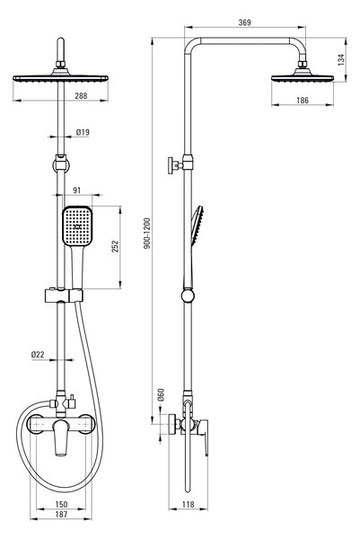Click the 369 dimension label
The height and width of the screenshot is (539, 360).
click(244, 22)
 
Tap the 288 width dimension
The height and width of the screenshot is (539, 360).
click(81, 95)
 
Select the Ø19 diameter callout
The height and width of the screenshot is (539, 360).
click(83, 132)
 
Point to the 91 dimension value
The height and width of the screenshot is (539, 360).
click(77, 190)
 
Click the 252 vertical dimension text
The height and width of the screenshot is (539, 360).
click(115, 246)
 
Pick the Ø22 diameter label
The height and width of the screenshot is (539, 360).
click(38, 355)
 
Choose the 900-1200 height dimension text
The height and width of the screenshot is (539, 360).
click(147, 233)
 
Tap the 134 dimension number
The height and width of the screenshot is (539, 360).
click(341, 59)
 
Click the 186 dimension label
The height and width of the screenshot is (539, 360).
click(303, 100)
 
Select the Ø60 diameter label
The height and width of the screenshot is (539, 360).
click(161, 395)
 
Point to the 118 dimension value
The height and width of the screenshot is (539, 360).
click(188, 504)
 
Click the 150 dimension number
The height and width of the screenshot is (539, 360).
click(61, 504)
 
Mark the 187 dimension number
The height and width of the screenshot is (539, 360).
click(61, 514)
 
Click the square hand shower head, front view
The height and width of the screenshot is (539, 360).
click(77, 225)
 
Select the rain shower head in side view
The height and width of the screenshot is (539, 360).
click(303, 75)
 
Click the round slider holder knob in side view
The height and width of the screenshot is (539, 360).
click(188, 296)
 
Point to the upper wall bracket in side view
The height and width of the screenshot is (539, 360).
click(180, 164)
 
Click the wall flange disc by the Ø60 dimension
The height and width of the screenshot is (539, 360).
click(171, 424)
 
